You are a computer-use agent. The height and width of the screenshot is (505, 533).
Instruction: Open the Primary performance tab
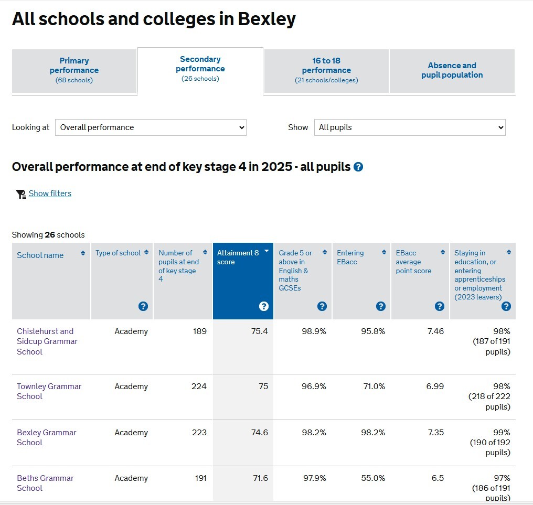pyautogui.click(x=74, y=70)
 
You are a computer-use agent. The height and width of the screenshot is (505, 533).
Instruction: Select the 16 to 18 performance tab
pyautogui.click(x=326, y=70)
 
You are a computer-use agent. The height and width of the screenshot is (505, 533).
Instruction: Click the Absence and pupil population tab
pyautogui.click(x=452, y=70)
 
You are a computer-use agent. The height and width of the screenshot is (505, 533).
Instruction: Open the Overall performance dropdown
pyautogui.click(x=151, y=127)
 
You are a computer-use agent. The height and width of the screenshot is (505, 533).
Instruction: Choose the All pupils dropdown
pyautogui.click(x=410, y=127)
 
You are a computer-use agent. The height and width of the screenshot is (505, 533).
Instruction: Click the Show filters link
pyautogui.click(x=50, y=194)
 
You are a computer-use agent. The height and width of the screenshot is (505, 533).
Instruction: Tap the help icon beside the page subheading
pyautogui.click(x=358, y=167)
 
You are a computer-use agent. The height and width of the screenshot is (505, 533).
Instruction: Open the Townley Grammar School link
pyautogui.click(x=49, y=391)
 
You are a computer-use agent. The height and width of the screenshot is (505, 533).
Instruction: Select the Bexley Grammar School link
pyautogui.click(x=46, y=437)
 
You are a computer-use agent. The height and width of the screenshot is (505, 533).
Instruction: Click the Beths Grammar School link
pyautogui.click(x=45, y=483)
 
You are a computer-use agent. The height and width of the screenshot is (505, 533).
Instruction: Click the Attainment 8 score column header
pyautogui.click(x=238, y=257)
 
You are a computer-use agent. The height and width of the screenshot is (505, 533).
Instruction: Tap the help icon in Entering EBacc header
pyautogui.click(x=381, y=306)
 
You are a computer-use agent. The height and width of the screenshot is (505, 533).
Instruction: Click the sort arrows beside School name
pyautogui.click(x=83, y=253)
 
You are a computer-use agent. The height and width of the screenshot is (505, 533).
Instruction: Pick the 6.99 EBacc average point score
pyautogui.click(x=435, y=386)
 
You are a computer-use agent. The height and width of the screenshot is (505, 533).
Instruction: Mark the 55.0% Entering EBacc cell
pyautogui.click(x=373, y=478)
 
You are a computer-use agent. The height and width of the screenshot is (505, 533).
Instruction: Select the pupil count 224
pyautogui.click(x=199, y=386)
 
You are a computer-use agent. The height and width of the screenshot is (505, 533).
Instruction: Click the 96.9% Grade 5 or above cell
pyautogui.click(x=314, y=386)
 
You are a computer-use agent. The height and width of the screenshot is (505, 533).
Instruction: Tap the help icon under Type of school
pyautogui.click(x=143, y=306)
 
